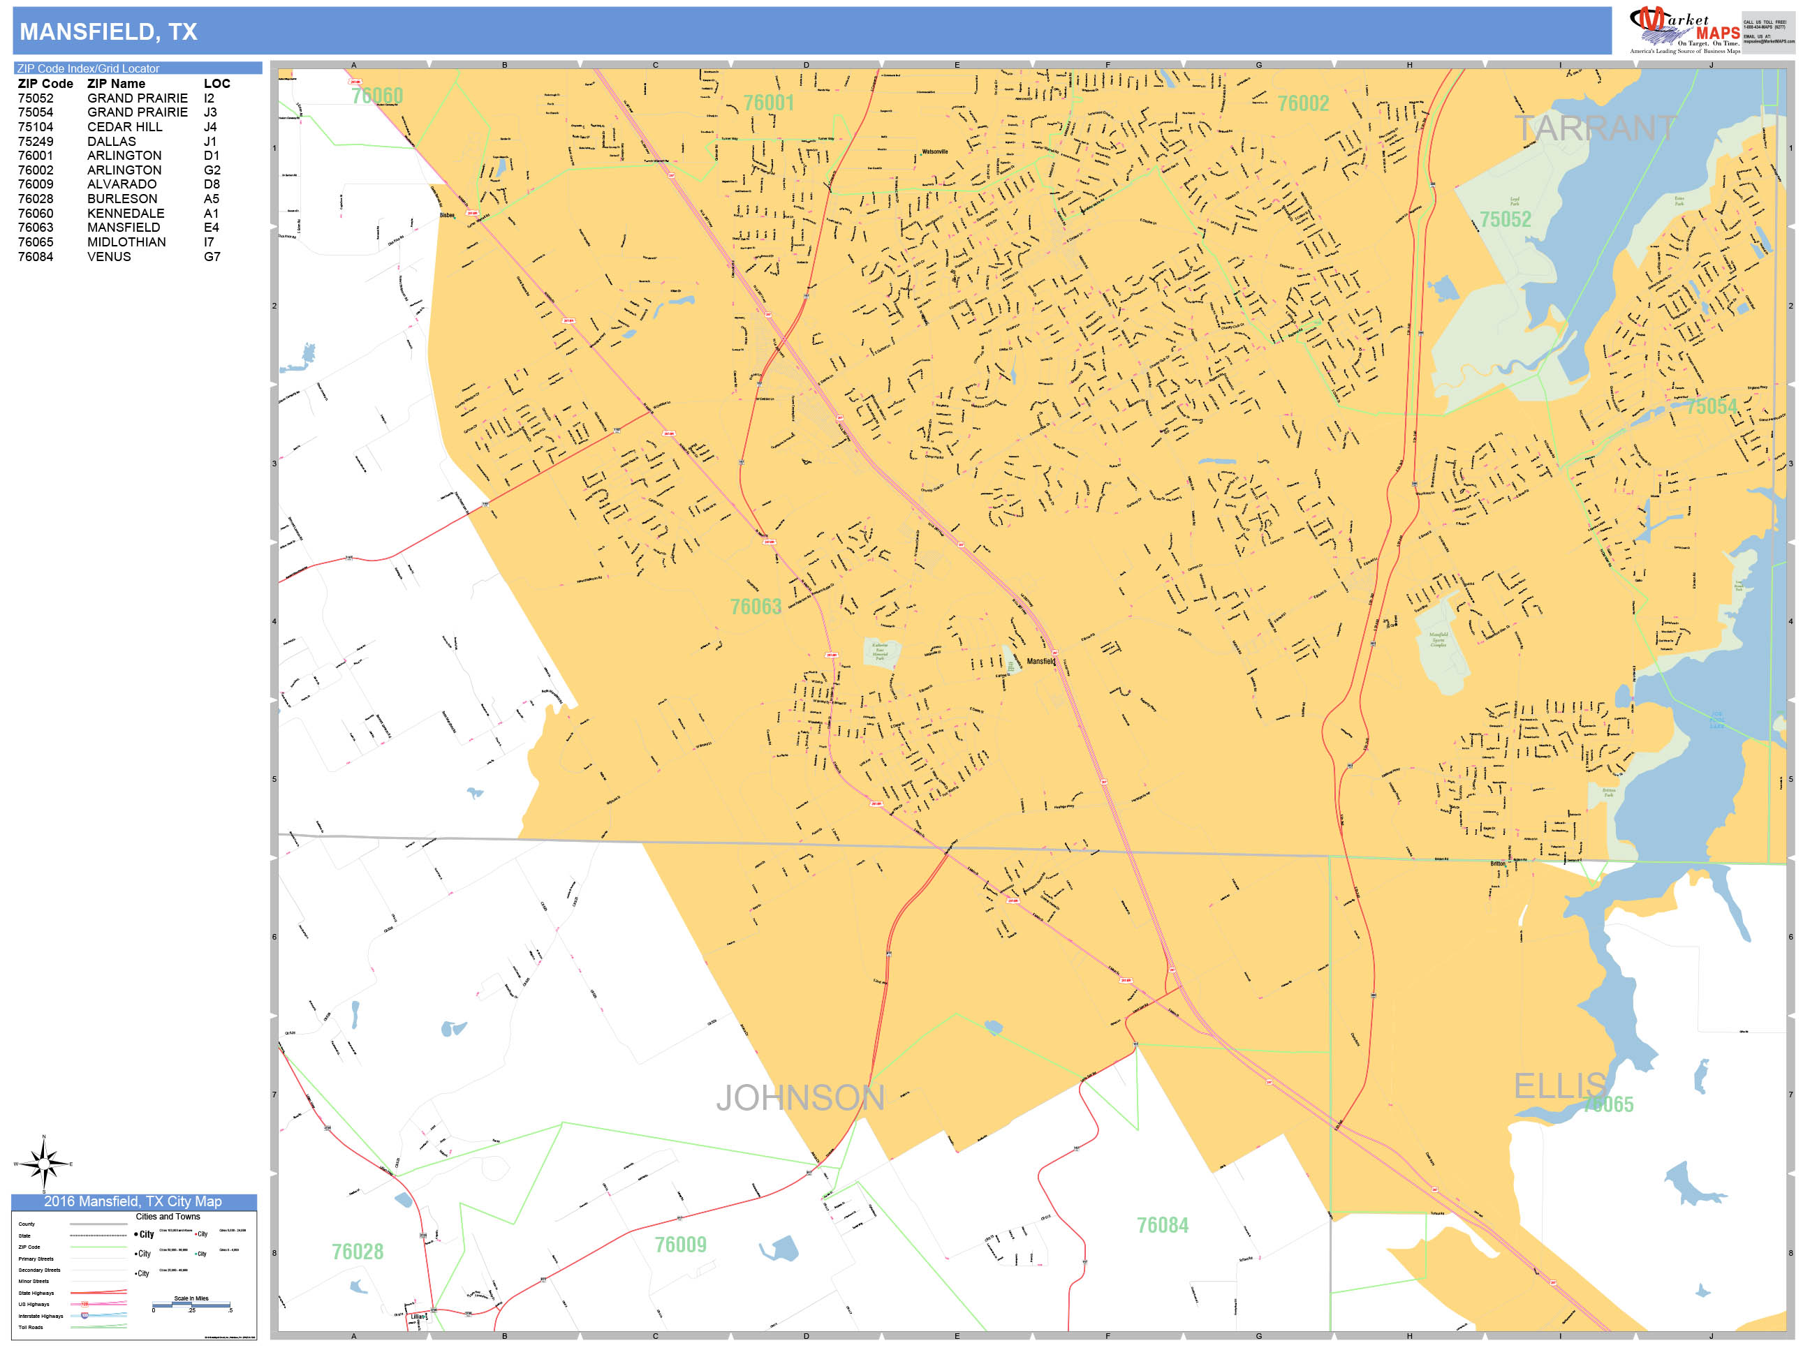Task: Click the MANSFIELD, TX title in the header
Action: tap(108, 32)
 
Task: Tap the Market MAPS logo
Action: tap(1685, 29)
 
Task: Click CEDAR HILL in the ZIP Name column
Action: tap(124, 127)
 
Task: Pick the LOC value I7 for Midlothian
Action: tap(209, 242)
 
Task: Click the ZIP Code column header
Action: tap(45, 84)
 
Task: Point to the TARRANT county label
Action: tap(1594, 128)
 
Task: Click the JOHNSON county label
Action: tap(800, 1098)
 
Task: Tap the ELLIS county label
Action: tap(1559, 1086)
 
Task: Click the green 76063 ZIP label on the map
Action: tap(756, 606)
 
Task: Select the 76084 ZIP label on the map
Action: tap(1162, 1224)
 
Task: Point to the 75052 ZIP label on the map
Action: tap(1505, 219)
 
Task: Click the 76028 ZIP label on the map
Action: tap(357, 1252)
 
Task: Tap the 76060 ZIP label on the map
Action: tap(377, 96)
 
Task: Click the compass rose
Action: tap(44, 1162)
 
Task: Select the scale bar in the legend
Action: tap(191, 1305)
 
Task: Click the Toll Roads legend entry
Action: tap(31, 1328)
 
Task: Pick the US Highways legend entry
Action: tap(34, 1305)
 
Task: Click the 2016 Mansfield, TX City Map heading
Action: tap(133, 1201)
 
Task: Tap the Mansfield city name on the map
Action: tap(1041, 661)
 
